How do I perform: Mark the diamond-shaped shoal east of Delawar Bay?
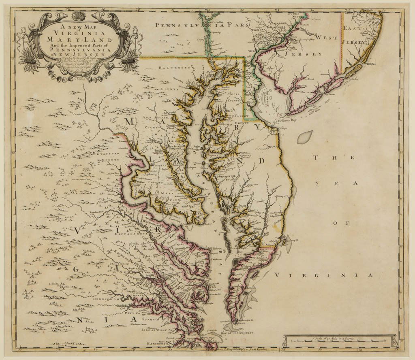pos(305,137)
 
